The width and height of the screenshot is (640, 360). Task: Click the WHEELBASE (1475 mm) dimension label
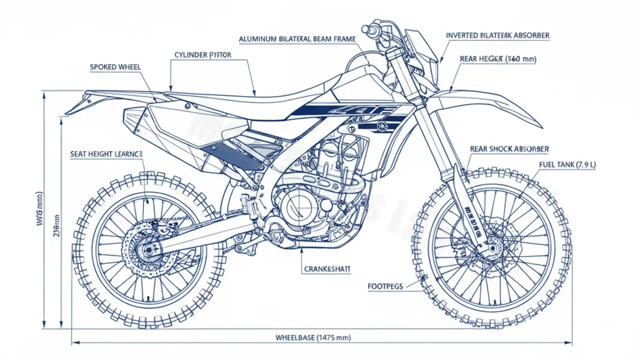coord(313,338)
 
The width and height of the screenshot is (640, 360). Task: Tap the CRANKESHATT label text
coord(327,270)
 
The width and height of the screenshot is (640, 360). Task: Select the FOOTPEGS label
coord(386,286)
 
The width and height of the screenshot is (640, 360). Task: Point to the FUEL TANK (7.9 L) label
coord(567,165)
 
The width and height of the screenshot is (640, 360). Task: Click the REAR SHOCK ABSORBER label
coord(509,149)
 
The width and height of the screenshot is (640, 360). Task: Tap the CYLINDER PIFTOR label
coord(203,55)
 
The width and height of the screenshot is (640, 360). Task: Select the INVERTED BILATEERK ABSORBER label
coord(498,35)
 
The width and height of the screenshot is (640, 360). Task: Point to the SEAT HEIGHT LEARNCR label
coord(107,154)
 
